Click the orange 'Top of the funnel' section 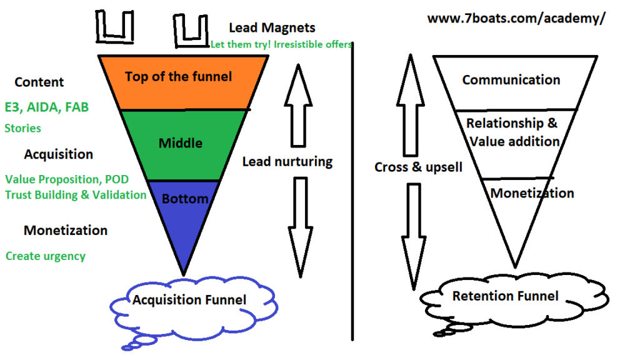point(179,77)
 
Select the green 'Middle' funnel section point(181,143)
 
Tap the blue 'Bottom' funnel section point(184,199)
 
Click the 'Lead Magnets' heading point(272,27)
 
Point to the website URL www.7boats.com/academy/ point(516,18)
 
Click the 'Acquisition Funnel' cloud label point(189,300)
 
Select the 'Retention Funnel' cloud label point(505,296)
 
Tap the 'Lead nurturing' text point(287,162)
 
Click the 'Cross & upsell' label point(418,167)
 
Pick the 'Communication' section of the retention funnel point(511,80)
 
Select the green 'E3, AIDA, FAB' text point(47,107)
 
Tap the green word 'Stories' point(23,128)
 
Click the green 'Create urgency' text point(46,256)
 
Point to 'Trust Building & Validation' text point(76,194)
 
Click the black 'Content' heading point(39,82)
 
